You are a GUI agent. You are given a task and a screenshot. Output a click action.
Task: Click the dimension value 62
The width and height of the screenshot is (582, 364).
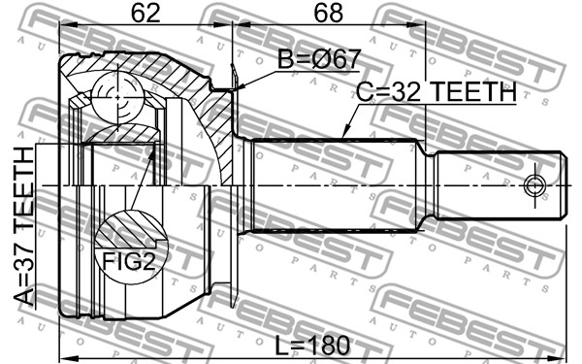(x=145, y=14)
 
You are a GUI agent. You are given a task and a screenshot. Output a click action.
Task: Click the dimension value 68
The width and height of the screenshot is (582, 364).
(x=329, y=14)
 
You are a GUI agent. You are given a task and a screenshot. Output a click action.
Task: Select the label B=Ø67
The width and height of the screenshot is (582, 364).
(x=319, y=59)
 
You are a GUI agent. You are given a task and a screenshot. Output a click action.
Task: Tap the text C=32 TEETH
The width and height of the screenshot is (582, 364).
(x=436, y=92)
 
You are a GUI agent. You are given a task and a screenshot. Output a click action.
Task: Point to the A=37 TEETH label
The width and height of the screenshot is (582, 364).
(x=23, y=226)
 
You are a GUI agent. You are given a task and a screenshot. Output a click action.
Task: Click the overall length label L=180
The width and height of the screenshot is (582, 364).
(x=312, y=345)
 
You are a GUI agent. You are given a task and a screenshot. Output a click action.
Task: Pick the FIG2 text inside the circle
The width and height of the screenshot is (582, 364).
(x=128, y=261)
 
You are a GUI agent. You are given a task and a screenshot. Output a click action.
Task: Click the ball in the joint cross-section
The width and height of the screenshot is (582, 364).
(x=117, y=98)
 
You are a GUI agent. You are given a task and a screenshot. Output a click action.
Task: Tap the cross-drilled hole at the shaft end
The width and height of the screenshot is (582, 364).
(x=534, y=185)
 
